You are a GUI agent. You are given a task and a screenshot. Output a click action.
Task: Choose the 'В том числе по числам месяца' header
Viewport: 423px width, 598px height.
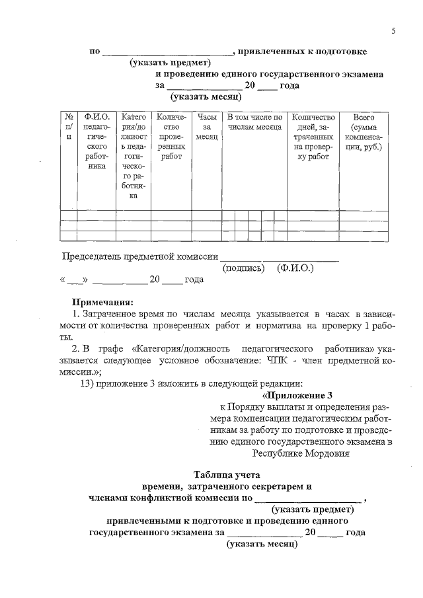pos(254,121)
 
